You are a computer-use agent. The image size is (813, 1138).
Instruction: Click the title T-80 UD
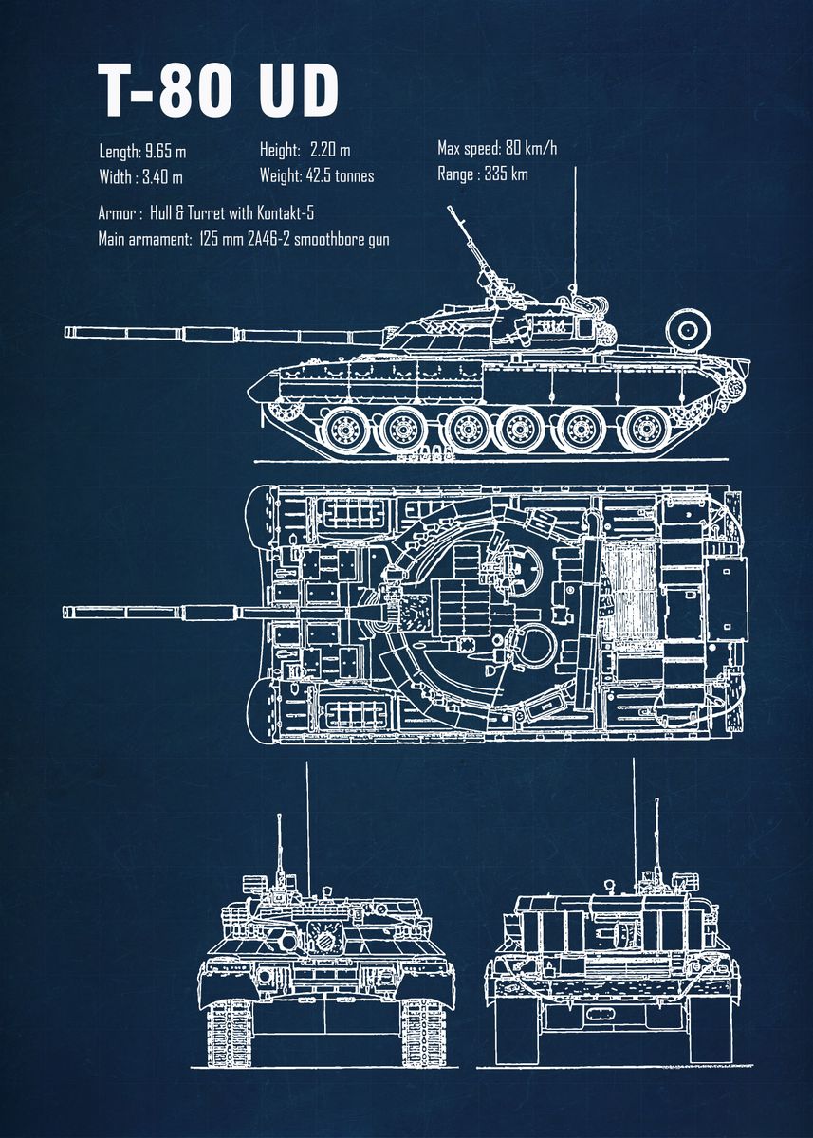[x=218, y=92]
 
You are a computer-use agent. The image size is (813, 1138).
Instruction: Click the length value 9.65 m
[x=165, y=151]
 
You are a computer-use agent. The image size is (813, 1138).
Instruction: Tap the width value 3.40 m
[x=162, y=176]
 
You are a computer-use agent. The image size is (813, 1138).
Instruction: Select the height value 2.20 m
[x=330, y=150]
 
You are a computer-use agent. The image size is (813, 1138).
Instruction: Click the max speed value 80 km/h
[x=529, y=148]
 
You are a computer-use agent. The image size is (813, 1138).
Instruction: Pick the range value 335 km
[x=506, y=174]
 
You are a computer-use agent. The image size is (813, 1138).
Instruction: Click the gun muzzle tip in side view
[x=67, y=332]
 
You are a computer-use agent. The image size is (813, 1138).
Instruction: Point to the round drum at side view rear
[x=688, y=329]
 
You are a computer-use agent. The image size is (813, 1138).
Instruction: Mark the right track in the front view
[x=423, y=1030]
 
